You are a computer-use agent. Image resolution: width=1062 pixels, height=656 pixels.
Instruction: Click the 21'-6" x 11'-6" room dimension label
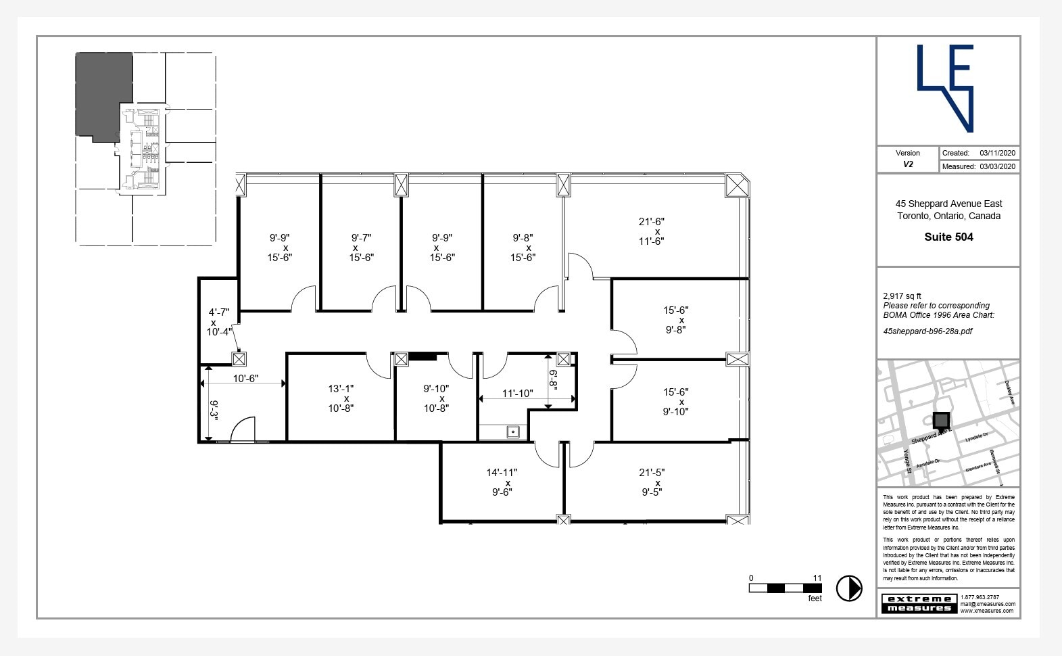(651, 231)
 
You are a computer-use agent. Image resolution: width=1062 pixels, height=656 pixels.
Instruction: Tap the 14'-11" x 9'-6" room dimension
(502, 482)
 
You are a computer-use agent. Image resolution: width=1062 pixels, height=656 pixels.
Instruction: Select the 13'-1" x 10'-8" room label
(341, 398)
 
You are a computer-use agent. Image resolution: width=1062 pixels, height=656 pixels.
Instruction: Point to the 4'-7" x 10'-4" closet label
(218, 322)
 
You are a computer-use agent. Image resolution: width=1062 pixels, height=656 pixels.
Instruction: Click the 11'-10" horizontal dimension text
(517, 394)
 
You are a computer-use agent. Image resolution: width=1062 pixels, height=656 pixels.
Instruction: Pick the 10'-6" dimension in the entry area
(245, 379)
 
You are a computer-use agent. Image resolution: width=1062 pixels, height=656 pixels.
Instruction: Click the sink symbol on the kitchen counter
(512, 431)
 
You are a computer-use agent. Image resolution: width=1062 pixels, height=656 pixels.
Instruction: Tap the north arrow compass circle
(849, 588)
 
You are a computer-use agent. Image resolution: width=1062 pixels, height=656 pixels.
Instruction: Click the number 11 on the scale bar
(817, 578)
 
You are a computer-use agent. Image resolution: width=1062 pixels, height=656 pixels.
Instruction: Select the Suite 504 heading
(948, 237)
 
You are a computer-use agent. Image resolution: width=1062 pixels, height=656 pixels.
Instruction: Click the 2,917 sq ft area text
(902, 296)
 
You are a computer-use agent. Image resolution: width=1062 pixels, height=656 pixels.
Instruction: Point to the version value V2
(908, 164)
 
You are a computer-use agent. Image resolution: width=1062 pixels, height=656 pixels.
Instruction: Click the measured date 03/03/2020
(997, 166)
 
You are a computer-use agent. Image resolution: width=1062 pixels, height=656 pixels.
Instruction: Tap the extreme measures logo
(919, 603)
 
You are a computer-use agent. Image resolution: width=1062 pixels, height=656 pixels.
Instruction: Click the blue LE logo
(946, 88)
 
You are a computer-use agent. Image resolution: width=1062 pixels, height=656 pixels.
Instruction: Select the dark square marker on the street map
(941, 420)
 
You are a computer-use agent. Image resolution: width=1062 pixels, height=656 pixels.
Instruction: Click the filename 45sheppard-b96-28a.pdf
(927, 331)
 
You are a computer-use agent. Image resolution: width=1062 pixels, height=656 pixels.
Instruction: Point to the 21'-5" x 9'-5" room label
(651, 482)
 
